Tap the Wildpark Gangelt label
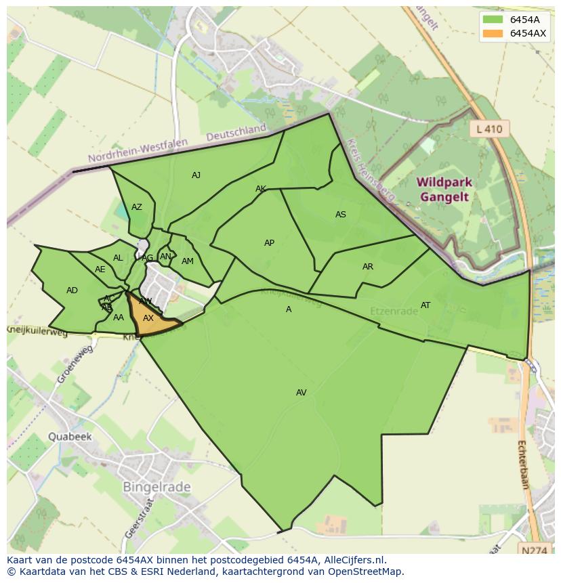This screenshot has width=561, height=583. point(444,190)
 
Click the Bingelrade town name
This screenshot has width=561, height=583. point(157,487)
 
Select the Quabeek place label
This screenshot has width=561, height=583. point(69,437)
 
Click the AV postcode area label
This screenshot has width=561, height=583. point(302,393)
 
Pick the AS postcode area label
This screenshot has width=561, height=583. point(341,215)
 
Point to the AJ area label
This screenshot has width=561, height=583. point(196,175)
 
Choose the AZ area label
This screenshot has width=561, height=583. point(137,207)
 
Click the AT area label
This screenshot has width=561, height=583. point(425,305)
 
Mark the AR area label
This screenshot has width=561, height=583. point(368,267)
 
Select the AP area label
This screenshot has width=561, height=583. point(269,243)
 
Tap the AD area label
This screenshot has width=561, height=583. point(72,290)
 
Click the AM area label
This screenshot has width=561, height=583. point(188,261)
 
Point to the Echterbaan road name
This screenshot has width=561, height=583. point(523,465)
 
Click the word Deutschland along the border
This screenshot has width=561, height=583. point(236,133)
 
